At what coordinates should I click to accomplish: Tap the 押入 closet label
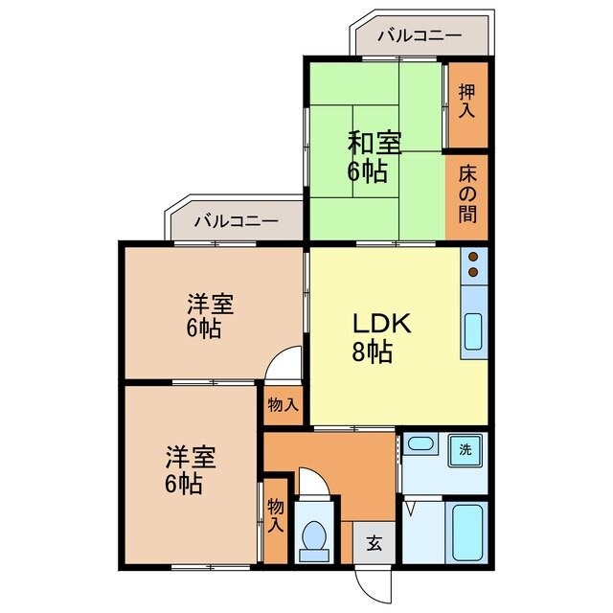click(466, 102)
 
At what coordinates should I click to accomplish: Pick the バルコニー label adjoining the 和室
click(419, 36)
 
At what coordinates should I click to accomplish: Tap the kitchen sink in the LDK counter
click(474, 332)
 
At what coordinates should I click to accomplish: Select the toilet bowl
click(312, 542)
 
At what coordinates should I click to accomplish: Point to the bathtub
click(466, 534)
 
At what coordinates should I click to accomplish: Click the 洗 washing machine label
click(465, 448)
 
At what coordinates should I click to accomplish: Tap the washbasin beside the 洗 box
click(420, 444)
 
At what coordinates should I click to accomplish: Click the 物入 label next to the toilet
click(275, 518)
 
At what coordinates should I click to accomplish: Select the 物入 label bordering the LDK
click(284, 405)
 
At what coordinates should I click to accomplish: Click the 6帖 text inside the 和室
click(369, 172)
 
